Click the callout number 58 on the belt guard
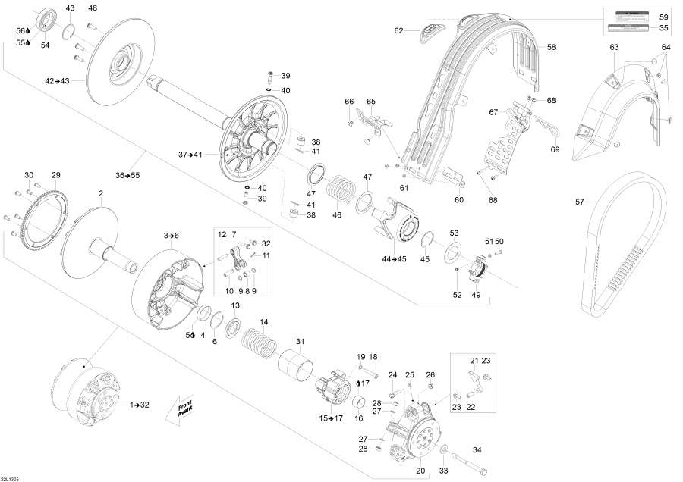click(552, 47)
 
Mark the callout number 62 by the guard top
click(398, 31)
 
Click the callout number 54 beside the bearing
click(45, 45)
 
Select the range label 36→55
click(127, 176)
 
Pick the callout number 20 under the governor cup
click(420, 469)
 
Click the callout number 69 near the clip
click(555, 149)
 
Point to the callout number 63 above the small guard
click(615, 48)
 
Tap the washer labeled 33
click(442, 449)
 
